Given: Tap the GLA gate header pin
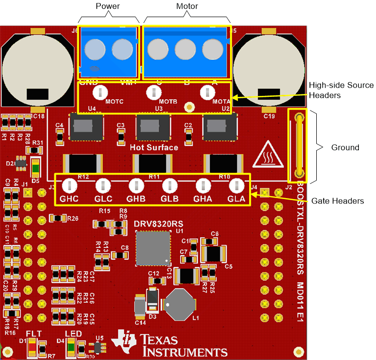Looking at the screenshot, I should [236, 185].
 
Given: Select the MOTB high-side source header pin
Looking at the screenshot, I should [154, 91].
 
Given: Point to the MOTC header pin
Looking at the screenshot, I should [100, 91].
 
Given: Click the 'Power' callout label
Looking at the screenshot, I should [108, 6].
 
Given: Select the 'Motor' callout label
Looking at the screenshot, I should [187, 6].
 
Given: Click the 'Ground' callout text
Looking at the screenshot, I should [345, 147].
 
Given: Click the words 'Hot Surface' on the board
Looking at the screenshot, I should [154, 147].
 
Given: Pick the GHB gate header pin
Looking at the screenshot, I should [136, 185].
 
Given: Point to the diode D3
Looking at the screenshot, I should [152, 299].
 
